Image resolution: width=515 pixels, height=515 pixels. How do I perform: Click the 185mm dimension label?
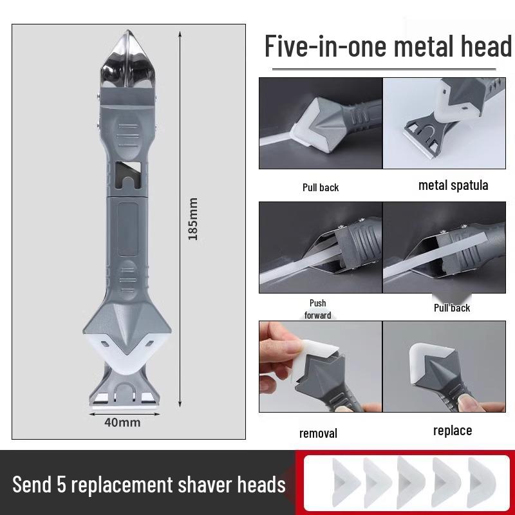pyautogui.click(x=192, y=219)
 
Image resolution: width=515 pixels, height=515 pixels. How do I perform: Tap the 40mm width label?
pyautogui.click(x=122, y=423)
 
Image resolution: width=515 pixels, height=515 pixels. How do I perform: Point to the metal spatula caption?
pyautogui.click(x=453, y=185)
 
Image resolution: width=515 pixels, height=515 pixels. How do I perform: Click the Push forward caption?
pyautogui.click(x=317, y=309)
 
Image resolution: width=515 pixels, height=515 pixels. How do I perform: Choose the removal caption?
pyautogui.click(x=318, y=433)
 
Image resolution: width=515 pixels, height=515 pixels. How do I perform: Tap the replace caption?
pyautogui.click(x=453, y=430)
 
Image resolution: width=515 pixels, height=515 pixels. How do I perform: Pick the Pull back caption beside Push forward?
pyautogui.click(x=452, y=308)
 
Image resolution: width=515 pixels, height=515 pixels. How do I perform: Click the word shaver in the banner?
pyautogui.click(x=198, y=483)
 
